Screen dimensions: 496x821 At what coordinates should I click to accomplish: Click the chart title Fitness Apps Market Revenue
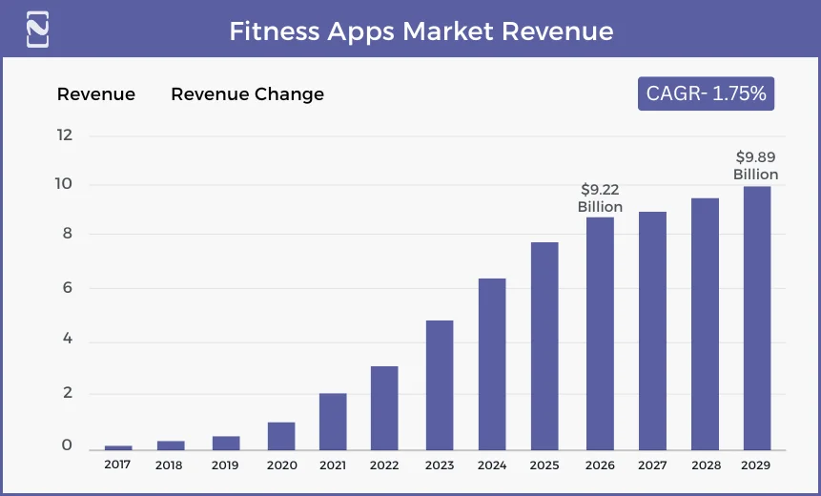[421, 31]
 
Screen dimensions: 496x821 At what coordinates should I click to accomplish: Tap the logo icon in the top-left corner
[37, 29]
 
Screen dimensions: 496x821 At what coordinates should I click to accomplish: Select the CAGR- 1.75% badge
[706, 93]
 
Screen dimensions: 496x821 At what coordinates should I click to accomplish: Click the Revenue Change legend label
[247, 93]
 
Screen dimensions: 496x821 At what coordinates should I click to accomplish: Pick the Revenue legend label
[96, 93]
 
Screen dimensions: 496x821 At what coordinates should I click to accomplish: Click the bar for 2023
[440, 385]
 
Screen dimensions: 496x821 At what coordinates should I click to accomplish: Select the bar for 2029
[757, 318]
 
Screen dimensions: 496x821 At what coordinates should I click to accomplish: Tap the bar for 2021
[333, 421]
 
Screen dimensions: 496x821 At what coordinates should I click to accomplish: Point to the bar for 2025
[544, 345]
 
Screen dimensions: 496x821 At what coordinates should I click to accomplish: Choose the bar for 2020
[281, 436]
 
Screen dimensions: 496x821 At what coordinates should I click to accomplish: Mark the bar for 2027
[652, 330]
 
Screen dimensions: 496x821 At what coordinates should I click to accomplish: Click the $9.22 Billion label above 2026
[600, 198]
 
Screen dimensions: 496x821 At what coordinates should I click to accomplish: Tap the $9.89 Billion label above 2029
[755, 166]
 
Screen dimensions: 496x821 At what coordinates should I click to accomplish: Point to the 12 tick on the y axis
[65, 134]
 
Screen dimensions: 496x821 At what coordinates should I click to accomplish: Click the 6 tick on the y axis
[66, 288]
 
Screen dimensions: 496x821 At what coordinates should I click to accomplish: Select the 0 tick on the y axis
[67, 445]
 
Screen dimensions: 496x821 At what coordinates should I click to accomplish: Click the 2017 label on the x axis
[118, 465]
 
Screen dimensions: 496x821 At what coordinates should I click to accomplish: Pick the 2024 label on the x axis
[492, 465]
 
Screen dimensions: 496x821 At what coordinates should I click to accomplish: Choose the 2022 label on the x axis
[384, 465]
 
